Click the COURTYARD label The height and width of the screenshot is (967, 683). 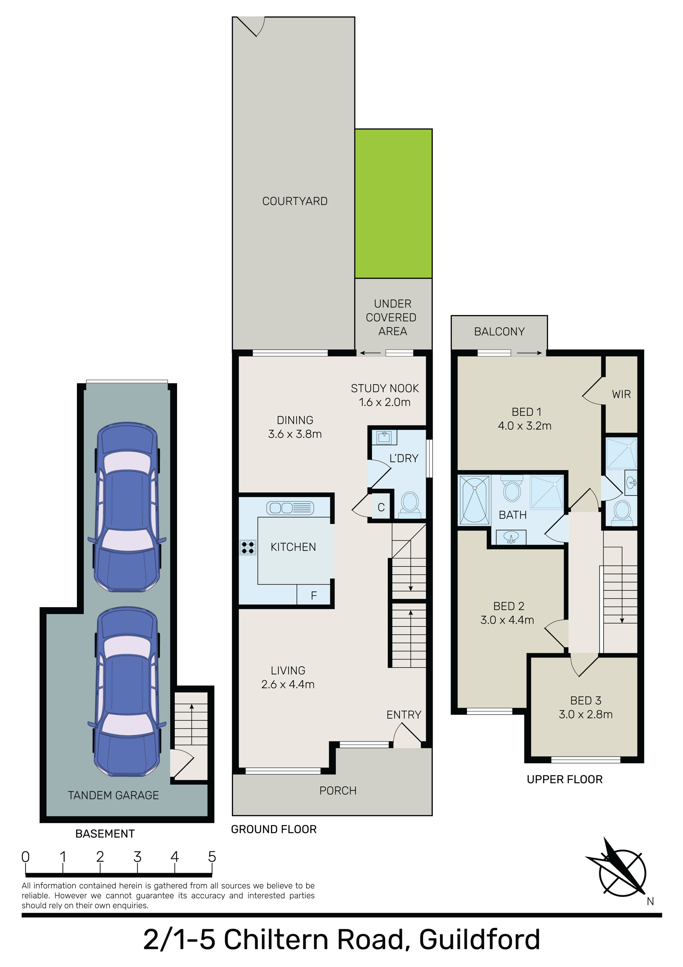(295, 201)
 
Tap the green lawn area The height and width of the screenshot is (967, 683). (393, 204)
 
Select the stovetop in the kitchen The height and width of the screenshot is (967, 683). (248, 548)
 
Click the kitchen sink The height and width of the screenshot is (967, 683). (290, 508)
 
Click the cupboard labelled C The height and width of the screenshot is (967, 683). (381, 507)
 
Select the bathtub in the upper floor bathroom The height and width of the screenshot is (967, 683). (475, 500)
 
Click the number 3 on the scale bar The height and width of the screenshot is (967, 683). (137, 857)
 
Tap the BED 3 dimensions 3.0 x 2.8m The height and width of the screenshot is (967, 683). (585, 714)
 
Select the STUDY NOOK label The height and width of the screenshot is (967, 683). (385, 388)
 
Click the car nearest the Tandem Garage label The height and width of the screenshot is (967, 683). (127, 692)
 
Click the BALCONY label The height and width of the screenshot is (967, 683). (499, 332)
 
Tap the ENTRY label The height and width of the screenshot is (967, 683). (404, 715)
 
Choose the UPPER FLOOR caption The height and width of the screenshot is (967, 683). (565, 780)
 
